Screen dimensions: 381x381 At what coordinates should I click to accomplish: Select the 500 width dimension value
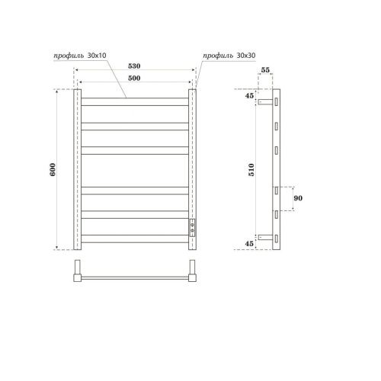[134, 79]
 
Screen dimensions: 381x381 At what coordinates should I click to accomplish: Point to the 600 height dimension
[53, 171]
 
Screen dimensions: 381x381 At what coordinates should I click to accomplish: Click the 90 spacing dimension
[297, 200]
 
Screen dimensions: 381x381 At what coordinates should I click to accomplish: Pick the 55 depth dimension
[266, 69]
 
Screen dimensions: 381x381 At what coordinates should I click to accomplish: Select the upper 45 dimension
[249, 95]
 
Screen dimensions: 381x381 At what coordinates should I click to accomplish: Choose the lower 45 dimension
[249, 243]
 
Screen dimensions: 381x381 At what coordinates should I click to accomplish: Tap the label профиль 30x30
[229, 56]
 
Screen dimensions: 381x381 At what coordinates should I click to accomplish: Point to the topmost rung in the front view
[134, 100]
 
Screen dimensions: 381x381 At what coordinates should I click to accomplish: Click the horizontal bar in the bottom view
[134, 276]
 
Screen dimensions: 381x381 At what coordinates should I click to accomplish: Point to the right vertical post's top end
[192, 92]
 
